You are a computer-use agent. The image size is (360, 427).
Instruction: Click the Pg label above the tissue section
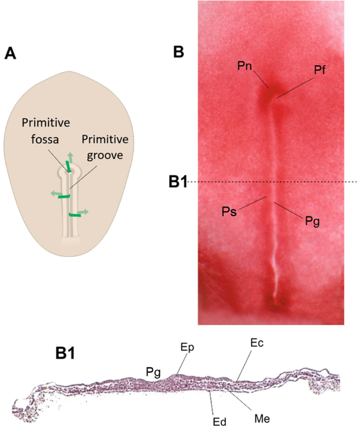154,371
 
